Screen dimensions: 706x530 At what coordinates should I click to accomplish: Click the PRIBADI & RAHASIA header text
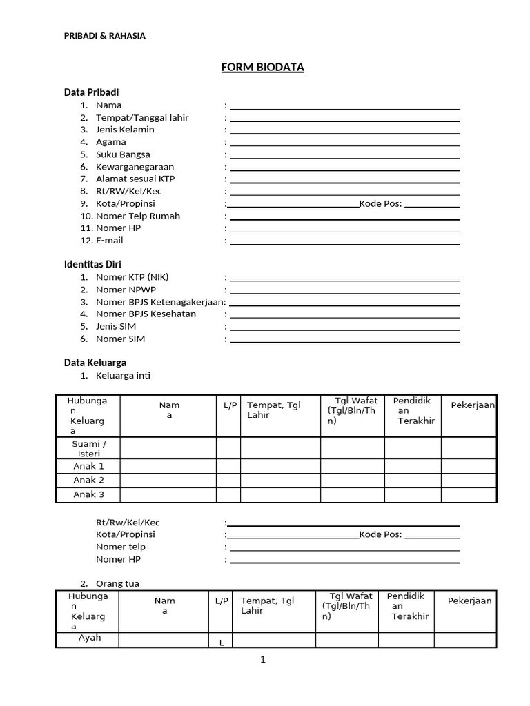pyautogui.click(x=105, y=36)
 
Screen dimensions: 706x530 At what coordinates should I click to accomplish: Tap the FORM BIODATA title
pyautogui.click(x=262, y=67)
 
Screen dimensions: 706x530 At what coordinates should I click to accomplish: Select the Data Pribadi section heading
pyautogui.click(x=96, y=92)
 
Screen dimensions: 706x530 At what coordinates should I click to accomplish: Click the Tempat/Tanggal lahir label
pyautogui.click(x=142, y=118)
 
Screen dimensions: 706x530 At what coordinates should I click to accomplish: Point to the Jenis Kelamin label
pyautogui.click(x=125, y=130)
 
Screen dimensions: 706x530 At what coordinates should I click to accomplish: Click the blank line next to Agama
pyautogui.click(x=345, y=145)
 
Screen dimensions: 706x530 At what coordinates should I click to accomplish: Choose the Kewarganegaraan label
pyautogui.click(x=135, y=167)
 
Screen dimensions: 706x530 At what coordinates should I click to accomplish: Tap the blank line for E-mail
pyautogui.click(x=345, y=243)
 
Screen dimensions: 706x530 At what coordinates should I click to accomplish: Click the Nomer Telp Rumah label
pyautogui.click(x=138, y=216)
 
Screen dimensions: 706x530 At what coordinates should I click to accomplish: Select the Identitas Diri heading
pyautogui.click(x=92, y=264)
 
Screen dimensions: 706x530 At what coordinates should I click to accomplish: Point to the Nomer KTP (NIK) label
pyautogui.click(x=132, y=277)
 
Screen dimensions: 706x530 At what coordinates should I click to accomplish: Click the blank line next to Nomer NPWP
pyautogui.click(x=345, y=292)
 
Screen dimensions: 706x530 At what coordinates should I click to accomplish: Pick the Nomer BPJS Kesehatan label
pyautogui.click(x=146, y=314)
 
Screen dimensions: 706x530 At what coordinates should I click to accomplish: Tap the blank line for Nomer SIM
pyautogui.click(x=345, y=341)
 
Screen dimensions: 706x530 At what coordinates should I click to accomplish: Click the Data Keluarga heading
pyautogui.click(x=95, y=363)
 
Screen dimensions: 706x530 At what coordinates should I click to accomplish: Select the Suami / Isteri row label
pyautogui.click(x=89, y=448)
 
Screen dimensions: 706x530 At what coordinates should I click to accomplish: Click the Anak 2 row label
pyautogui.click(x=89, y=480)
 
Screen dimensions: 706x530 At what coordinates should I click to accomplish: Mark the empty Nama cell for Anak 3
pyautogui.click(x=168, y=495)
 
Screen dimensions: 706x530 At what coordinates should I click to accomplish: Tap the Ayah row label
pyautogui.click(x=89, y=638)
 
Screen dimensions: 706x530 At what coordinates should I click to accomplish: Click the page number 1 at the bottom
pyautogui.click(x=262, y=660)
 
